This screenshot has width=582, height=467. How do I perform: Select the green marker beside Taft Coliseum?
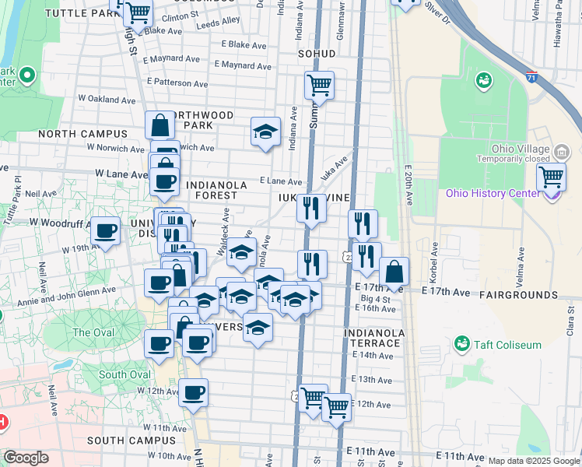point(462,342)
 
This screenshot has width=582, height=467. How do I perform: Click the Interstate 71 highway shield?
point(531,77)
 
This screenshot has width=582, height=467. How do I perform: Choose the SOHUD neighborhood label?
point(317,54)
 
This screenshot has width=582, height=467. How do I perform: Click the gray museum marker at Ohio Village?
point(561,150)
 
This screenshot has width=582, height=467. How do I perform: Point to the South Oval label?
point(124,374)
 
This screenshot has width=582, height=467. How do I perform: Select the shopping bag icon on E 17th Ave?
point(394,272)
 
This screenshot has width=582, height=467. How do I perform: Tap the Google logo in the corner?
point(26,458)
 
